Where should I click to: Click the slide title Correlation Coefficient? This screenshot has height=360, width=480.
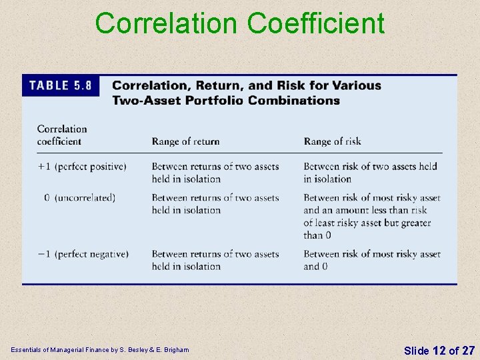click(240, 23)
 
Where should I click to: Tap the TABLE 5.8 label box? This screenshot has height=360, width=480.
click(59, 85)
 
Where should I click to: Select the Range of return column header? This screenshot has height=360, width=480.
click(185, 141)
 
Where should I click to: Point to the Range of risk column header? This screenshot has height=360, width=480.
click(332, 141)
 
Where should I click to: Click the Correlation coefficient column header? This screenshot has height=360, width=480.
click(62, 135)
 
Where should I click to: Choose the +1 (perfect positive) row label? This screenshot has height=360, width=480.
click(81, 166)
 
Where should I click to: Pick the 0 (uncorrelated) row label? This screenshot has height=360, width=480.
click(79, 197)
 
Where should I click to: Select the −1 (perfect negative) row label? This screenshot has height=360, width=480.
click(83, 254)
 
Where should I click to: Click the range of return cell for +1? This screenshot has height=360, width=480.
click(215, 172)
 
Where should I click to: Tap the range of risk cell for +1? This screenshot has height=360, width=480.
click(370, 172)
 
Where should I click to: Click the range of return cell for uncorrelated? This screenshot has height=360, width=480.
click(215, 203)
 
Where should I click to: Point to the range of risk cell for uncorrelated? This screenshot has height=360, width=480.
click(371, 216)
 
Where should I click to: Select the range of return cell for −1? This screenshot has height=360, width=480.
click(215, 260)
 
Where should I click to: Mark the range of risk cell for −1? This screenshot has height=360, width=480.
click(371, 260)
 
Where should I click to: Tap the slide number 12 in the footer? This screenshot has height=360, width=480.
click(438, 350)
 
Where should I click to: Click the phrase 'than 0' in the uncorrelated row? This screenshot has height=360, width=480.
click(317, 235)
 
